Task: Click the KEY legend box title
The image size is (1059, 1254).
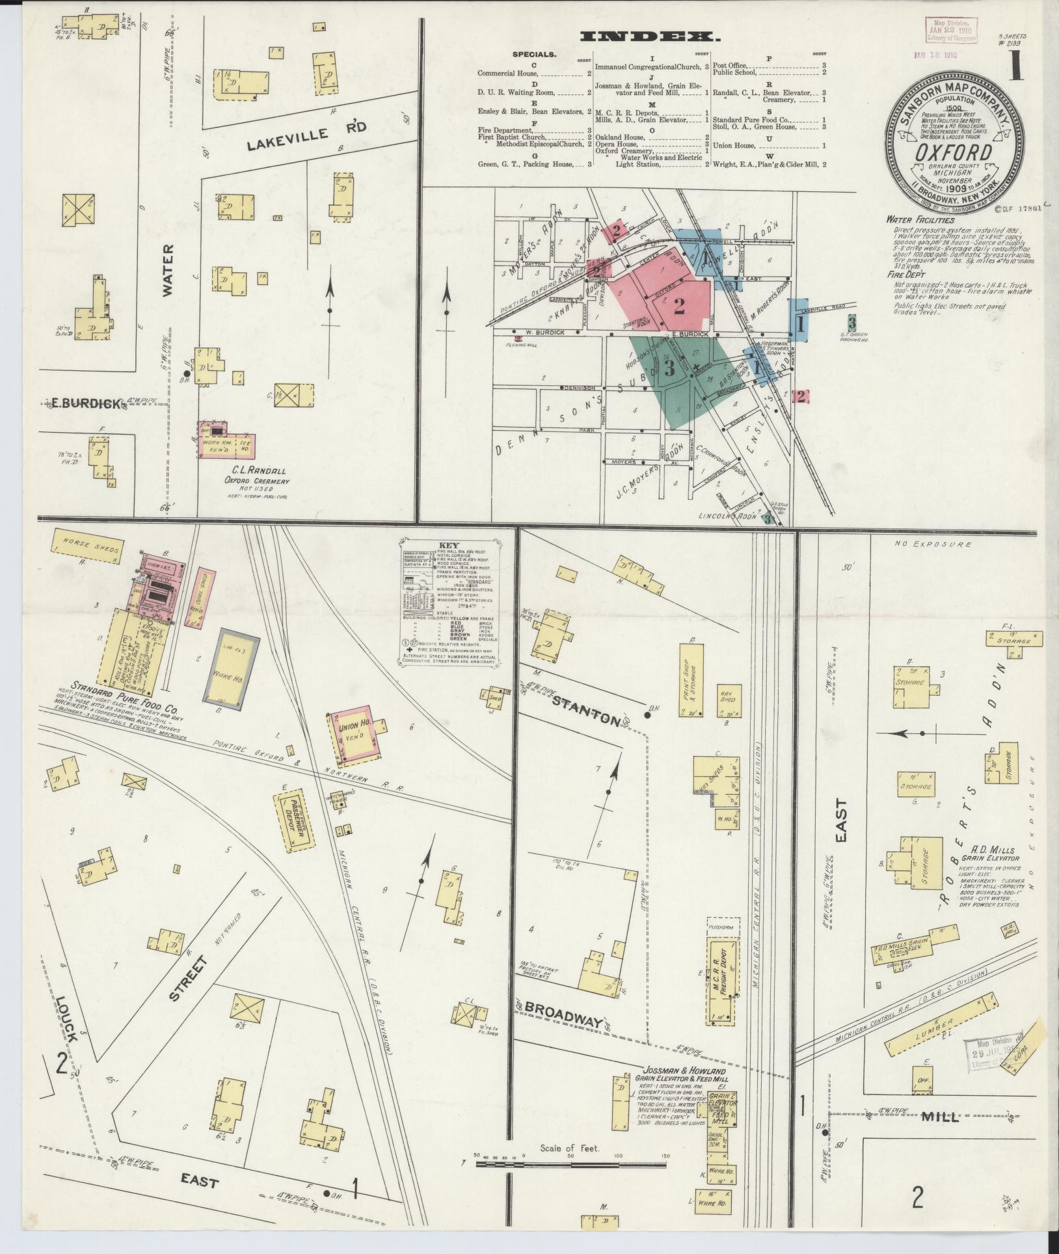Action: (x=449, y=545)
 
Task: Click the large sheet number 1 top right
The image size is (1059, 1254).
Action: (x=1015, y=68)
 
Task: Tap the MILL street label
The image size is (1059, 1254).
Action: (x=941, y=1117)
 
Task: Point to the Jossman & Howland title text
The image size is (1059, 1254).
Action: (x=684, y=1070)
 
